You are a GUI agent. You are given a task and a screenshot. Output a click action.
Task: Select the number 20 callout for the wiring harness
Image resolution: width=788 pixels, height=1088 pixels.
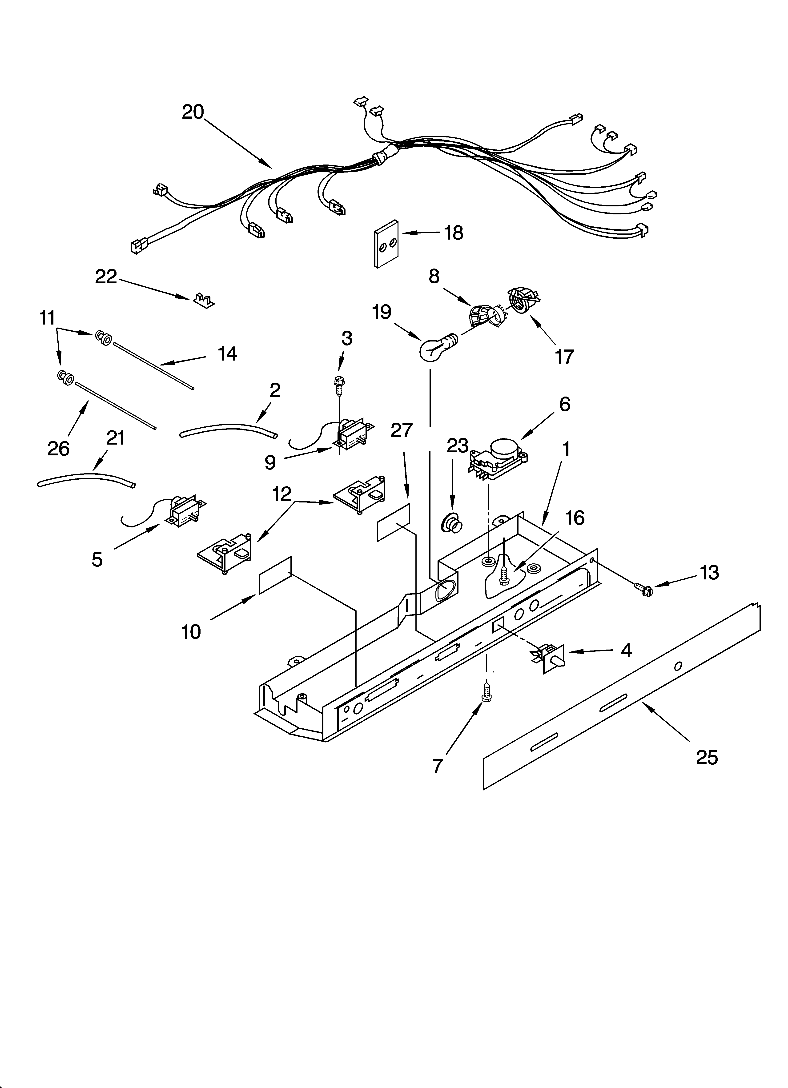[x=193, y=112]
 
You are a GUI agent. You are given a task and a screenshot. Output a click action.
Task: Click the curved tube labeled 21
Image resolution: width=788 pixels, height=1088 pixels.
[x=86, y=480]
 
